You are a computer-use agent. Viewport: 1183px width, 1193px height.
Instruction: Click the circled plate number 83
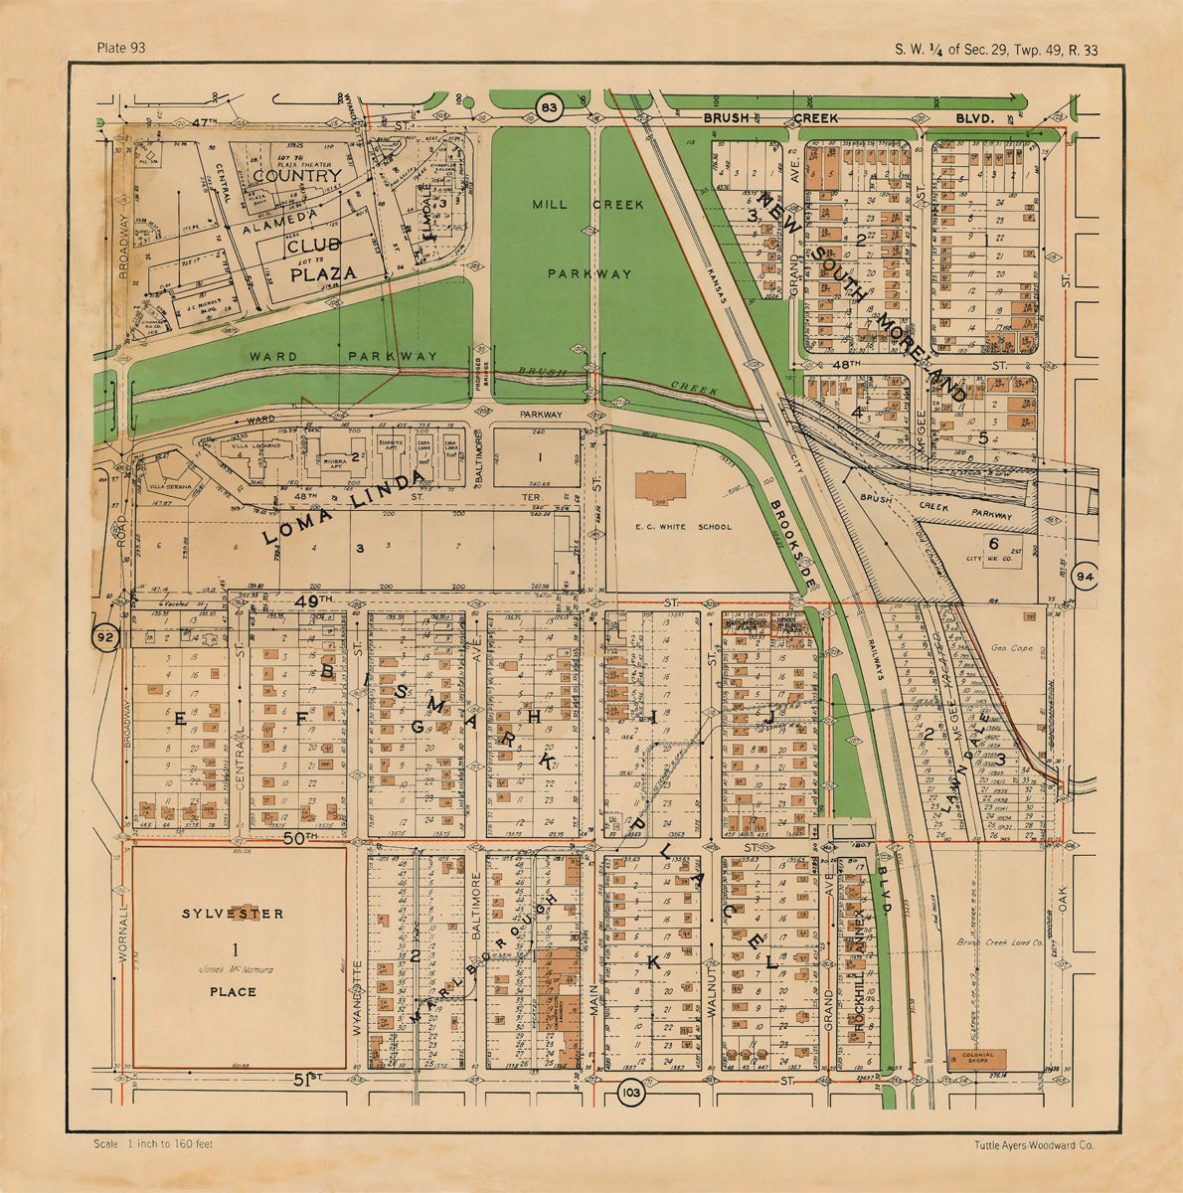548,106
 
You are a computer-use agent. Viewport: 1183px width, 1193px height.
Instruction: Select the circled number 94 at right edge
1085,578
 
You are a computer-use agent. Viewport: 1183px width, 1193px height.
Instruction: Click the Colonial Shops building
976,1059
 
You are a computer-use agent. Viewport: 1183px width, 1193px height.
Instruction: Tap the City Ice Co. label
991,560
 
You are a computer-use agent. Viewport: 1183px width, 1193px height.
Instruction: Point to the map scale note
153,1145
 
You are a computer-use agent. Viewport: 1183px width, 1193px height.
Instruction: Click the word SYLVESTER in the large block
233,914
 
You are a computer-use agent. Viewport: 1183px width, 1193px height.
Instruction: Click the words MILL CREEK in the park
588,205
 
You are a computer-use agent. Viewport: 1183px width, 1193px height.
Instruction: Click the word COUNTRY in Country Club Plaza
296,176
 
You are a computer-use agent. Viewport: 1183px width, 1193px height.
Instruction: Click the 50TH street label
299,838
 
